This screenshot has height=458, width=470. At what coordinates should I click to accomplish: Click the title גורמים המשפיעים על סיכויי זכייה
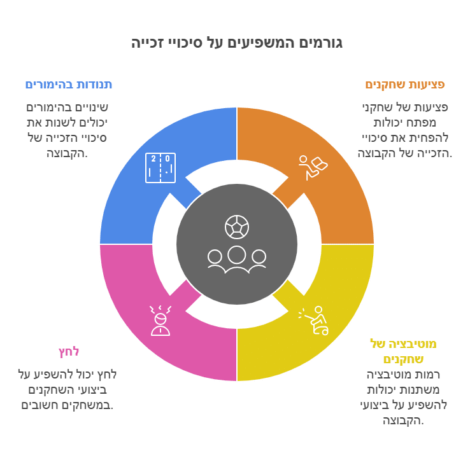tap(236, 43)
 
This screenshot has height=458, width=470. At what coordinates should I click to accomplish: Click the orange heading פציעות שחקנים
tap(405, 85)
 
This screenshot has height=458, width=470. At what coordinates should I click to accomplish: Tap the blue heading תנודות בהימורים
tap(69, 85)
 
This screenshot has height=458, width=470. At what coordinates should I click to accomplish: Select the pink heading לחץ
tap(68, 352)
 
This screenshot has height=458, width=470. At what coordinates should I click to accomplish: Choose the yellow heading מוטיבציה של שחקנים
tap(403, 351)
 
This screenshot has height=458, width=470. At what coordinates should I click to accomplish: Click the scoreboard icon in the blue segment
tap(160, 168)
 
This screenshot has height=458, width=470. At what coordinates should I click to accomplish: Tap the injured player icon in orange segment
tap(313, 168)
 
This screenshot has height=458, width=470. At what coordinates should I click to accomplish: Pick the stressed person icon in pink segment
tap(160, 321)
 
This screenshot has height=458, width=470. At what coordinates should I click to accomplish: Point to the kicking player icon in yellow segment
tap(313, 321)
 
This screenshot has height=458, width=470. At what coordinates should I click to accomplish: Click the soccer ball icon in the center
tap(237, 226)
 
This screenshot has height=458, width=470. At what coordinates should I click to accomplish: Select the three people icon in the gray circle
tap(237, 260)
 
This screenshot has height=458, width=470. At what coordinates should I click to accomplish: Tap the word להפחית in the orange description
tap(428, 137)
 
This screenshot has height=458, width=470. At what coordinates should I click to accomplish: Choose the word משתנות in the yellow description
tap(429, 390)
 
